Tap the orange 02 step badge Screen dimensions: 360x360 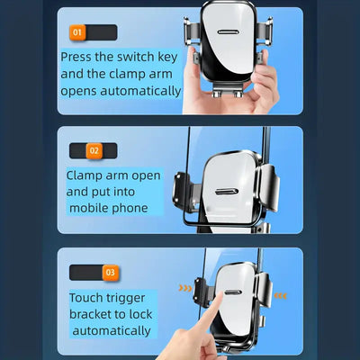[x=94, y=150]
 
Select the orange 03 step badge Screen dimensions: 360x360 [x=109, y=271]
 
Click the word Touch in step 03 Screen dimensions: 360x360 [x=90, y=297]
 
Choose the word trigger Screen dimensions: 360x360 [x=137, y=297]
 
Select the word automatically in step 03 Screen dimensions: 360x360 [x=110, y=331]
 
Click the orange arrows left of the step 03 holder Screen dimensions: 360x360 [x=184, y=290]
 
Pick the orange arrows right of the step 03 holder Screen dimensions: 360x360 [x=281, y=294]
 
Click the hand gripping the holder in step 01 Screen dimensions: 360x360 [x=258, y=85]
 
